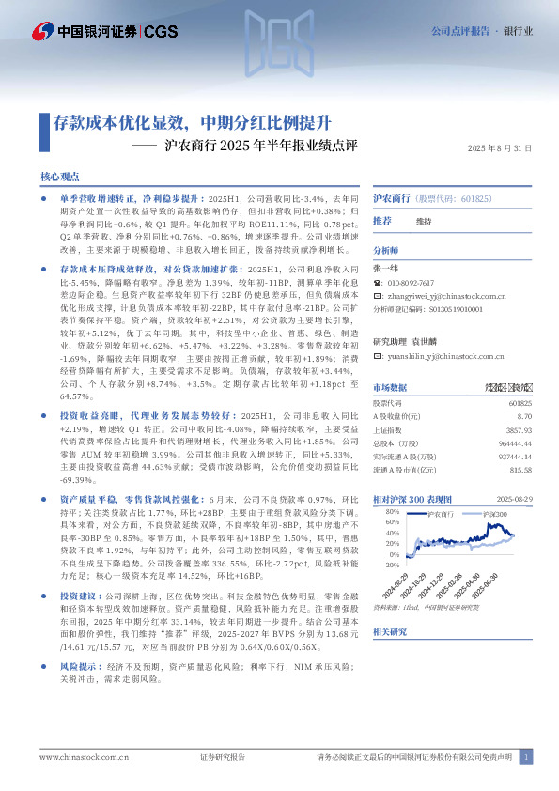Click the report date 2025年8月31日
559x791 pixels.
500,148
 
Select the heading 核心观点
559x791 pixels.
60,177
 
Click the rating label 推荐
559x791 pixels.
382,221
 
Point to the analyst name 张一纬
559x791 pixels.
386,269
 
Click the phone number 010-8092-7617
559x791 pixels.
414,282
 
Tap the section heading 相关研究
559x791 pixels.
391,632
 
